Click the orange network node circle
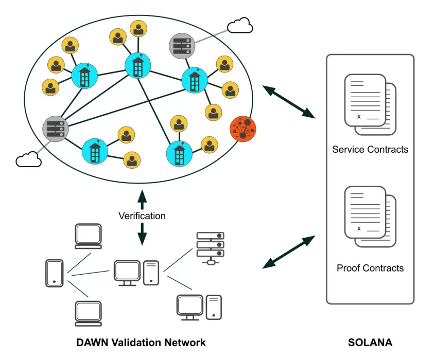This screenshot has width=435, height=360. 242,128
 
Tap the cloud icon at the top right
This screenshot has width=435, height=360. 240,25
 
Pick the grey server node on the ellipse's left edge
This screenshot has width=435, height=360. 55,128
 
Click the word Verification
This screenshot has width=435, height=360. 142,216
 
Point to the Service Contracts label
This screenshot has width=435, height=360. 370,150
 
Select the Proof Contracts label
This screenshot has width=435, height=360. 370,268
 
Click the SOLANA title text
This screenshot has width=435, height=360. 370,343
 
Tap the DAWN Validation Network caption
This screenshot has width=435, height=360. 141,343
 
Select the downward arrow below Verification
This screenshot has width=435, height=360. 142,235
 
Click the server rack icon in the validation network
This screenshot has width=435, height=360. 210,247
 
